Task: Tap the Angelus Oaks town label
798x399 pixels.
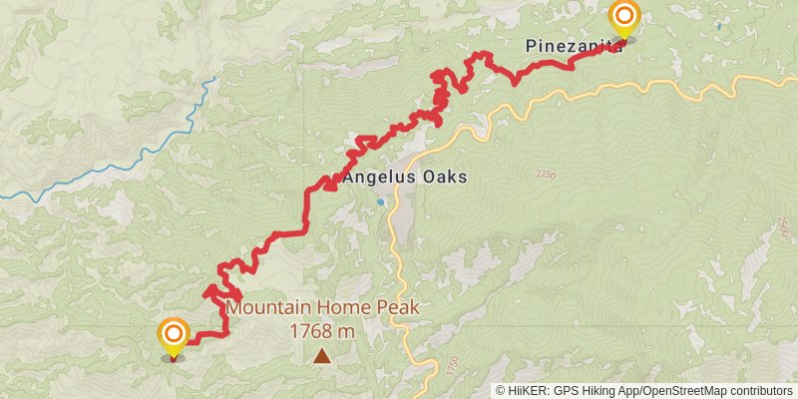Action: (405, 178)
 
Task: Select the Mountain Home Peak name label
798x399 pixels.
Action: (322, 308)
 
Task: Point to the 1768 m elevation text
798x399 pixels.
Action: (322, 330)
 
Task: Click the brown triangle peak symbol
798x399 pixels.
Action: (322, 355)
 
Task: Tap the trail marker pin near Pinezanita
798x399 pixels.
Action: (624, 17)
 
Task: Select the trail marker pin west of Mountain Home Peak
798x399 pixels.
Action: (174, 335)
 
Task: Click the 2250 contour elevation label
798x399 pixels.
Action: (545, 176)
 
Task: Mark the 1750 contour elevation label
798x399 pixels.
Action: (455, 365)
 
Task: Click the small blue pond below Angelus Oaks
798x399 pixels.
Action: (380, 201)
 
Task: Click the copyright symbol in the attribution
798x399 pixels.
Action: (501, 391)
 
